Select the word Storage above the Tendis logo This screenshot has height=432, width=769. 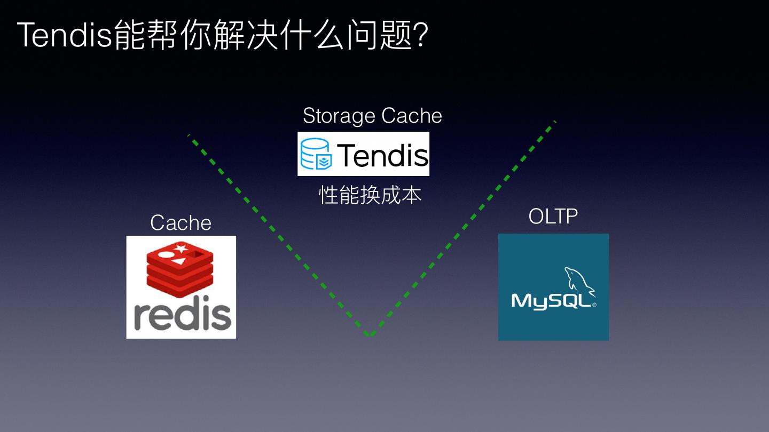[339, 116]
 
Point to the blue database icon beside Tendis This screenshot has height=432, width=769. [316, 154]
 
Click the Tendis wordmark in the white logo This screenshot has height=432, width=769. [382, 155]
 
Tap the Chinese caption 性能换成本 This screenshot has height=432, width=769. [370, 195]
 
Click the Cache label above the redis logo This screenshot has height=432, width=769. [181, 223]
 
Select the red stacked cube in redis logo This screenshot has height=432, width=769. [180, 269]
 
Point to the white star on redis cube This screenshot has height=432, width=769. [181, 248]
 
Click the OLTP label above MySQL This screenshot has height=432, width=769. [553, 217]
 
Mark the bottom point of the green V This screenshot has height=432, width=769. [370, 335]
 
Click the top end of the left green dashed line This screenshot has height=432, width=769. [189, 135]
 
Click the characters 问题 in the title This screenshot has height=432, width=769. [380, 36]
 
